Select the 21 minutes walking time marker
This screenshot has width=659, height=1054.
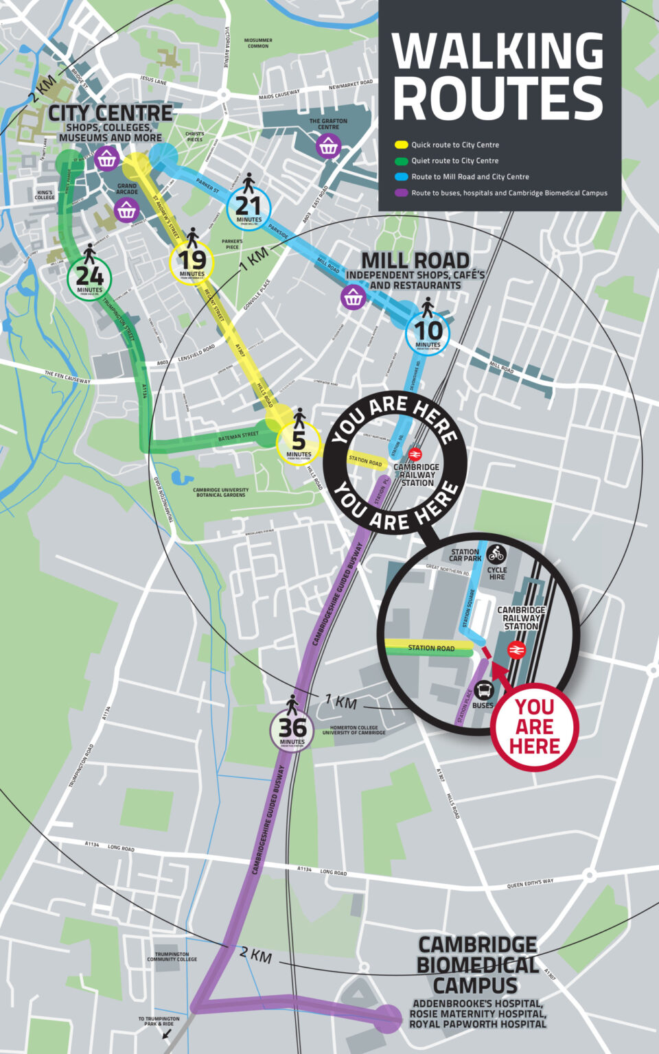coord(248,209)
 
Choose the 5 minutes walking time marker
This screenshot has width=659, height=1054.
coord(299,443)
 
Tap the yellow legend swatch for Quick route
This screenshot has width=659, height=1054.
coord(402,145)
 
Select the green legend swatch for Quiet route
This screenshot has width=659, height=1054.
coord(402,161)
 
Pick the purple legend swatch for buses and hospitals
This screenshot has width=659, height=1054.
coord(402,193)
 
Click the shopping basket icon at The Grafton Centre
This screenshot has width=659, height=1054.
coord(328,145)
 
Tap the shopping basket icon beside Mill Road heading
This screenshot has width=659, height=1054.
coord(353,297)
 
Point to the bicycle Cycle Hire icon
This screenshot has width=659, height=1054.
coord(496,553)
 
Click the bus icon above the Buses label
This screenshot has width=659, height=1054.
coord(483,690)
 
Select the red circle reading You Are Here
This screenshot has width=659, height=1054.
coord(535,727)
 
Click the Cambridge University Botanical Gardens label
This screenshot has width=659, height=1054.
coord(220,492)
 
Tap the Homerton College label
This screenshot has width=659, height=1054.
coord(354,730)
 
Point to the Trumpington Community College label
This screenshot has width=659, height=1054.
coord(172,957)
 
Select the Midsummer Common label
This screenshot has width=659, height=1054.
coord(258,43)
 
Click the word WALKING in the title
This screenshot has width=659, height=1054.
coord(498,51)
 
